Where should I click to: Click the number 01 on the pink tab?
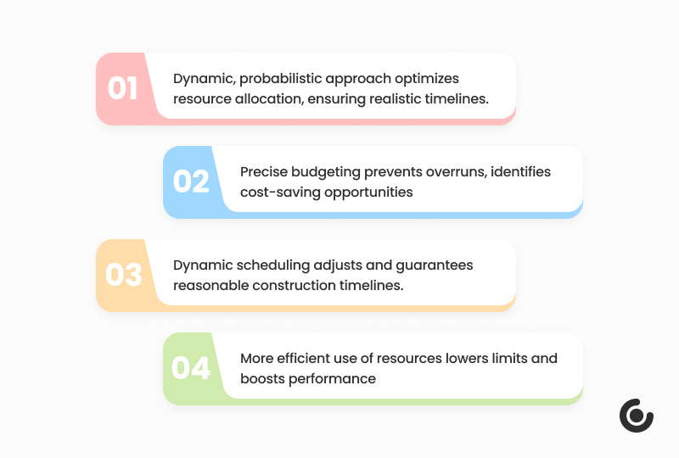point(122,88)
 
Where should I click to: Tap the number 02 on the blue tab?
point(191,182)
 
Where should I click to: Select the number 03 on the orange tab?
point(124,275)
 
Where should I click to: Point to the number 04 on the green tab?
point(190,368)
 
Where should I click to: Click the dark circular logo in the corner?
point(636,416)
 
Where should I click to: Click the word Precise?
point(264,172)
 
